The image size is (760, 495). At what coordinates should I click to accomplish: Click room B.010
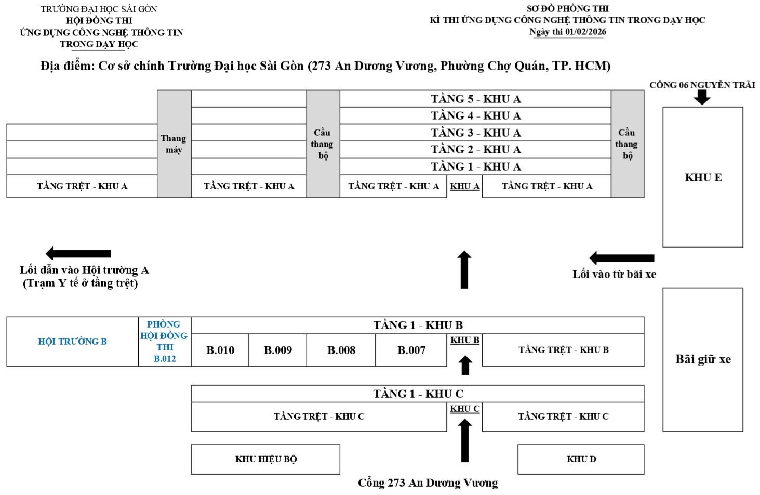pyautogui.click(x=220, y=350)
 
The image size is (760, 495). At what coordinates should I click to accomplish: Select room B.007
pyautogui.click(x=411, y=350)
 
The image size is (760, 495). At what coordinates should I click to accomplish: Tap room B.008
pyautogui.click(x=341, y=350)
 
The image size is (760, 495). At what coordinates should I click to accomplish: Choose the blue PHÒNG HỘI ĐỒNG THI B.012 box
pyautogui.click(x=165, y=341)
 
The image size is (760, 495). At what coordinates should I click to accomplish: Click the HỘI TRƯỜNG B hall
pyautogui.click(x=72, y=341)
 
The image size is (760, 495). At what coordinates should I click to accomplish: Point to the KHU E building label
pyautogui.click(x=703, y=177)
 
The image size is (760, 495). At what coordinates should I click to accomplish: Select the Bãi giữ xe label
pyautogui.click(x=703, y=359)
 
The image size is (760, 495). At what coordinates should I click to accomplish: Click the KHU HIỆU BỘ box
pyautogui.click(x=265, y=459)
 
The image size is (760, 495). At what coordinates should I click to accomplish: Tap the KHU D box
pyautogui.click(x=581, y=459)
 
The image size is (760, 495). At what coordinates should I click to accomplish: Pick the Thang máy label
pyautogui.click(x=174, y=144)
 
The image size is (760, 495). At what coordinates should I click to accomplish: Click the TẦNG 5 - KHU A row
pyautogui.click(x=475, y=99)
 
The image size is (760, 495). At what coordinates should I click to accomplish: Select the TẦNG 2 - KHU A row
pyautogui.click(x=475, y=149)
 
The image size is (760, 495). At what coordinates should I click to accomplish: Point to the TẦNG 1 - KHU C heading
pyautogui.click(x=418, y=394)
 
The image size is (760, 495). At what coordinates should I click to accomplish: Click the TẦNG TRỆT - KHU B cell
pyautogui.click(x=563, y=350)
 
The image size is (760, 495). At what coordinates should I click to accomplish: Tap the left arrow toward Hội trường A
pyautogui.click(x=78, y=254)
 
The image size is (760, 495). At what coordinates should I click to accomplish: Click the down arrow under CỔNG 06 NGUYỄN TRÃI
pyautogui.click(x=702, y=97)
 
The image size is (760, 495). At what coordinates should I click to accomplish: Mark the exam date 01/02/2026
pyautogui.click(x=585, y=32)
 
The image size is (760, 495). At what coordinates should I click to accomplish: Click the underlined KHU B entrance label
pyautogui.click(x=464, y=340)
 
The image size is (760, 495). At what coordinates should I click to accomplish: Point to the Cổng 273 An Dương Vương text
pyautogui.click(x=428, y=483)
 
